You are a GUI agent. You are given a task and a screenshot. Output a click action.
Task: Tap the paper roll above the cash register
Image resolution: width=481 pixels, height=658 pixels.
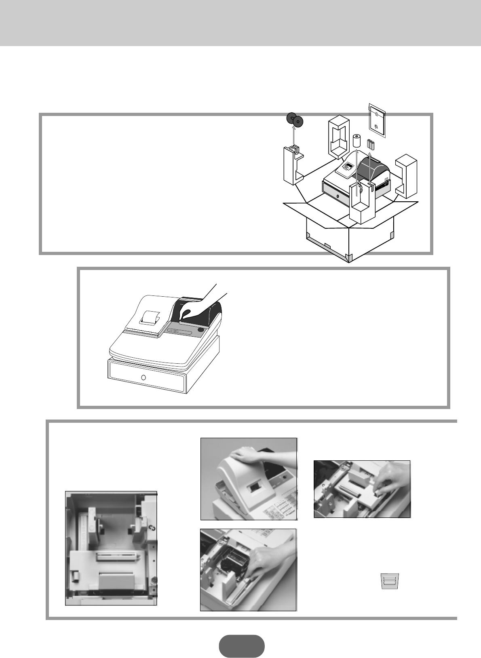pyautogui.click(x=356, y=141)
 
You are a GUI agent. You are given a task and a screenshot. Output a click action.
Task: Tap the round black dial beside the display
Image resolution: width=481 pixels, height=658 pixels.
pyautogui.click(x=201, y=329)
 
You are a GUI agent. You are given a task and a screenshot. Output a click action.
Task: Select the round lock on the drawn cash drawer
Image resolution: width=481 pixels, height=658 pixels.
pyautogui.click(x=143, y=378)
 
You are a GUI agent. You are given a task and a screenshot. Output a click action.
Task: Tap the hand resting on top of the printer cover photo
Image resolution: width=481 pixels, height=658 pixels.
pyautogui.click(x=247, y=456)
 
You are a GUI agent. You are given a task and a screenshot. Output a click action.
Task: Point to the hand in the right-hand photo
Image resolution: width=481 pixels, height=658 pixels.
pyautogui.click(x=388, y=481)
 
